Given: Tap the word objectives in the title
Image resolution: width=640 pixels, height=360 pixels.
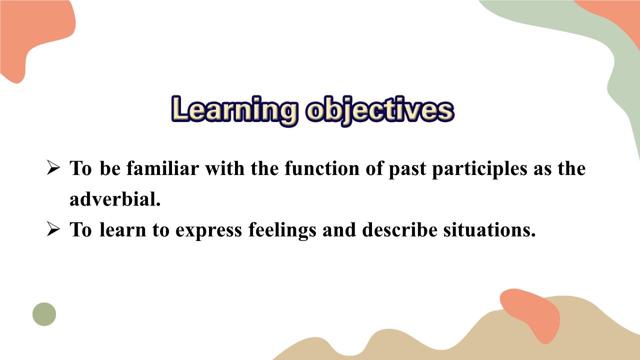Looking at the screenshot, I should (x=379, y=110).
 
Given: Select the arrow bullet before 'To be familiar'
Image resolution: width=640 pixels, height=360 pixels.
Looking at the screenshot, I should (x=53, y=168).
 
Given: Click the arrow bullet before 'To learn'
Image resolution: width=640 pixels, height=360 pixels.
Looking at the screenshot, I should (x=53, y=229).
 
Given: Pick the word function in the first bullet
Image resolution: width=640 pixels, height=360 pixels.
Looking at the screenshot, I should (x=320, y=168).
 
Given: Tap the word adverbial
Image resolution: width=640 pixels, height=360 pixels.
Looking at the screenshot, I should (x=115, y=199).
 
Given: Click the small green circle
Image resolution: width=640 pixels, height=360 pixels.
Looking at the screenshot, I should (x=44, y=314).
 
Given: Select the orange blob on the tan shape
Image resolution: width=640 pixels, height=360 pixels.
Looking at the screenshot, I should (x=531, y=312).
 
